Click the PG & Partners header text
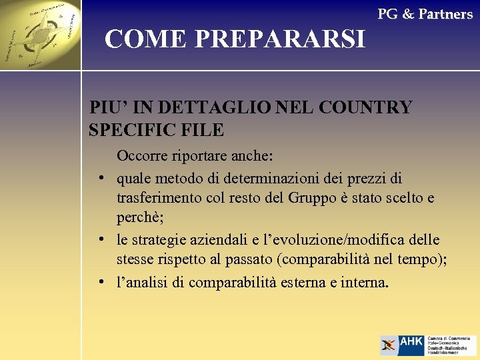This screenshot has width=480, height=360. (425, 14)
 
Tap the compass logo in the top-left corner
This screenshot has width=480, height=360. (40, 35)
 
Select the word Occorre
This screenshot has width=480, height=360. (144, 157)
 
